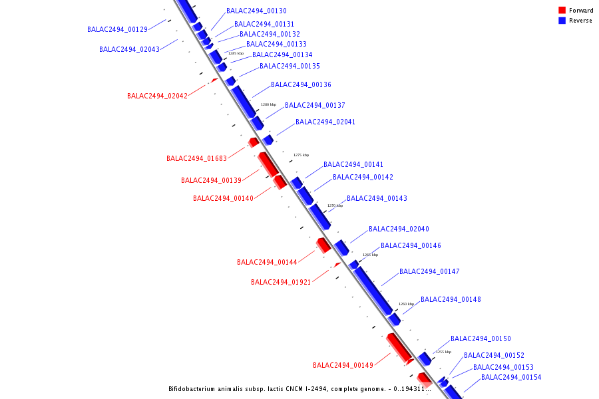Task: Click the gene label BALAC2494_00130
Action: (256, 11)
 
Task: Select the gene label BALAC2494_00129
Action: (117, 30)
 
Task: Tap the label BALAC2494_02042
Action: (157, 96)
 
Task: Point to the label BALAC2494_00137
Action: (315, 106)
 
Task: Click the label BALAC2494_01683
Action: (196, 159)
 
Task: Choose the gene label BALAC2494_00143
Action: (377, 199)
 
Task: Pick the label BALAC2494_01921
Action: (281, 283)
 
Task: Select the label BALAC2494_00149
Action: (343, 366)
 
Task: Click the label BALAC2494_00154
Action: (511, 378)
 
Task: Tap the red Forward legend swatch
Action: (562, 10)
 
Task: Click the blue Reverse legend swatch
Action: (562, 21)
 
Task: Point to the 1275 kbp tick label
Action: (301, 155)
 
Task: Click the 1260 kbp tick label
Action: (406, 304)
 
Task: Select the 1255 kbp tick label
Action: (443, 352)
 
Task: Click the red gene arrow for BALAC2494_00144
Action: (323, 245)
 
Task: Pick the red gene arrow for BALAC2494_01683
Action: (254, 142)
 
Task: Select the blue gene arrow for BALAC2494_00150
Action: (425, 359)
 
